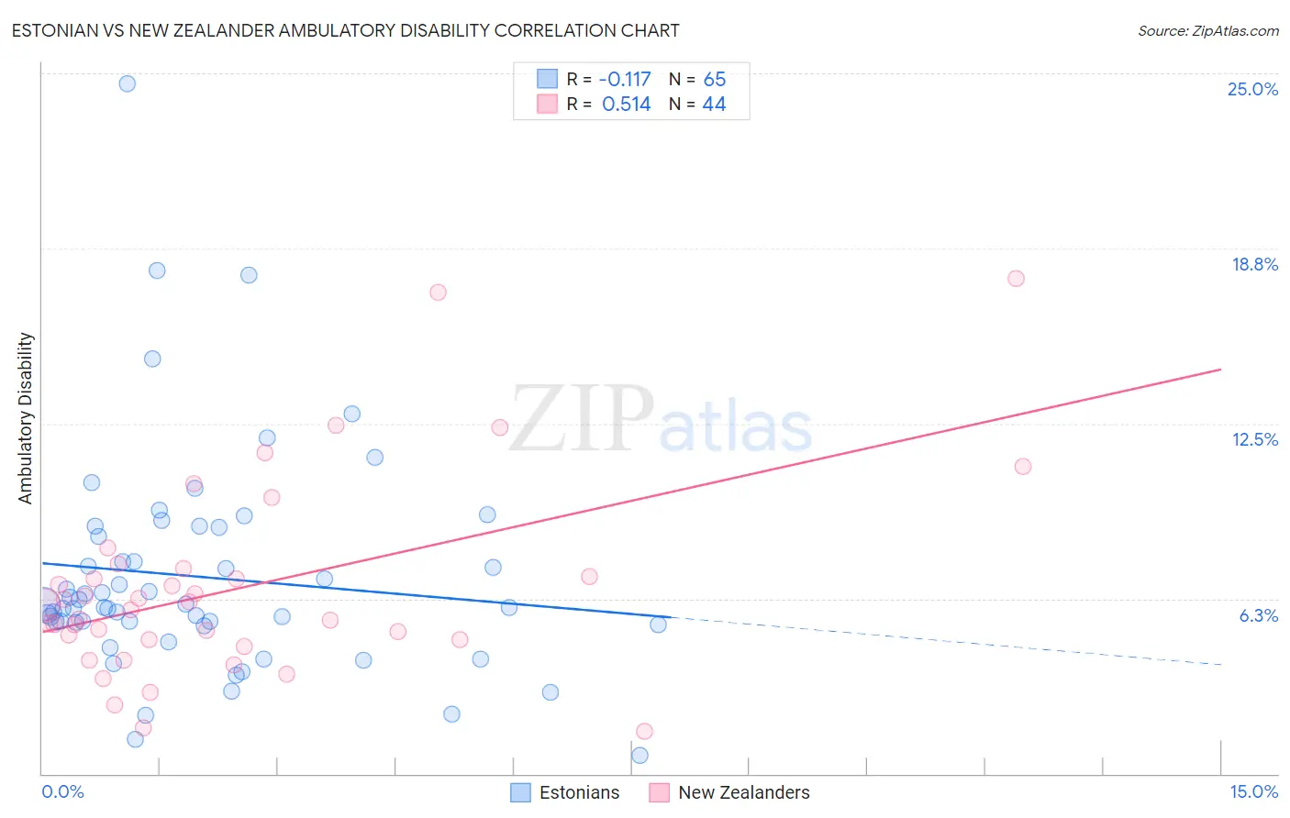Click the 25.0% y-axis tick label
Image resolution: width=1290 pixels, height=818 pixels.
coord(1252,89)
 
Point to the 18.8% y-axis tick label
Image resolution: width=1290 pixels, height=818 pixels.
coord(1254,264)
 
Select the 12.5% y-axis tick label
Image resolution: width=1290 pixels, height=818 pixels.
coord(1254,439)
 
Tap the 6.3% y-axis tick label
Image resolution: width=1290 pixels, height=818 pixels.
coord(1258,615)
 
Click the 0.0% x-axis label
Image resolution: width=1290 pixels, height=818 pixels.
coord(62,791)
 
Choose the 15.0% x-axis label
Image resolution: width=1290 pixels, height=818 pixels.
coord(1253,791)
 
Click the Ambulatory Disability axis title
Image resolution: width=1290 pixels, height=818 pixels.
coord(26,418)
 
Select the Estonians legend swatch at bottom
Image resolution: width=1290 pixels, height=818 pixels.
coord(520,792)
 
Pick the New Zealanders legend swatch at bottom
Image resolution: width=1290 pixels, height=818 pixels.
coord(659,792)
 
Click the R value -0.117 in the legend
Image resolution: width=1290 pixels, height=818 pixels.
coord(626,80)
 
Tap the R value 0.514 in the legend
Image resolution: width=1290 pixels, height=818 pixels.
coord(626,105)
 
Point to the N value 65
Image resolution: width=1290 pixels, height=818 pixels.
coord(714,80)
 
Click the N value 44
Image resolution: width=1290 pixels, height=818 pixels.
coord(714,105)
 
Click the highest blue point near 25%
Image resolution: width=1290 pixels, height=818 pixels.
coord(128,83)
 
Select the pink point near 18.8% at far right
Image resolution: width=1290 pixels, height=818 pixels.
coord(1016,279)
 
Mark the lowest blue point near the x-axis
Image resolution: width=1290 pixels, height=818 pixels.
coord(639,756)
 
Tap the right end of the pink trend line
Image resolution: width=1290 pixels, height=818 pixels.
coord(1220,370)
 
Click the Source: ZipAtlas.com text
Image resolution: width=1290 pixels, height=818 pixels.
coord(1207,31)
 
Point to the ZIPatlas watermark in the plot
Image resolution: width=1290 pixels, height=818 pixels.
coord(661,420)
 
